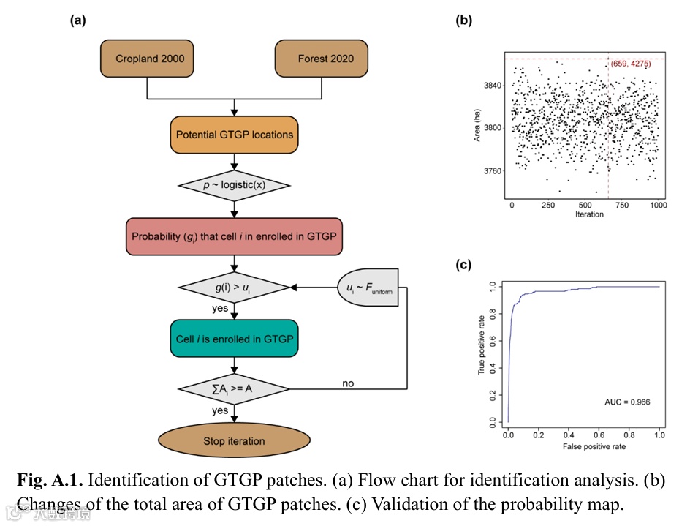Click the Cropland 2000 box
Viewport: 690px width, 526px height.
(x=150, y=59)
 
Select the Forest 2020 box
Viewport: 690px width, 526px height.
(x=322, y=59)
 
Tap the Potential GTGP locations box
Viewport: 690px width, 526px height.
(x=235, y=135)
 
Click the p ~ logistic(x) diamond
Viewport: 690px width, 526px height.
(x=235, y=184)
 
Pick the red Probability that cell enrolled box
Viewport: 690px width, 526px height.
(x=235, y=236)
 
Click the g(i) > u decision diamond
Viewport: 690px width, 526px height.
(x=235, y=289)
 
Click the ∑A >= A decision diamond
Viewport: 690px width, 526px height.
(x=235, y=388)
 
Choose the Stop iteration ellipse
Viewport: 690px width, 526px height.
(x=235, y=441)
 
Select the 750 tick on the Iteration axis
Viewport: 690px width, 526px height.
(x=622, y=206)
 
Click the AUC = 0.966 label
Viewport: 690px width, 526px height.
(x=627, y=402)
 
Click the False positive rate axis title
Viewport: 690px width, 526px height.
(x=584, y=446)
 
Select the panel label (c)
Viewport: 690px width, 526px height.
(x=463, y=266)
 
